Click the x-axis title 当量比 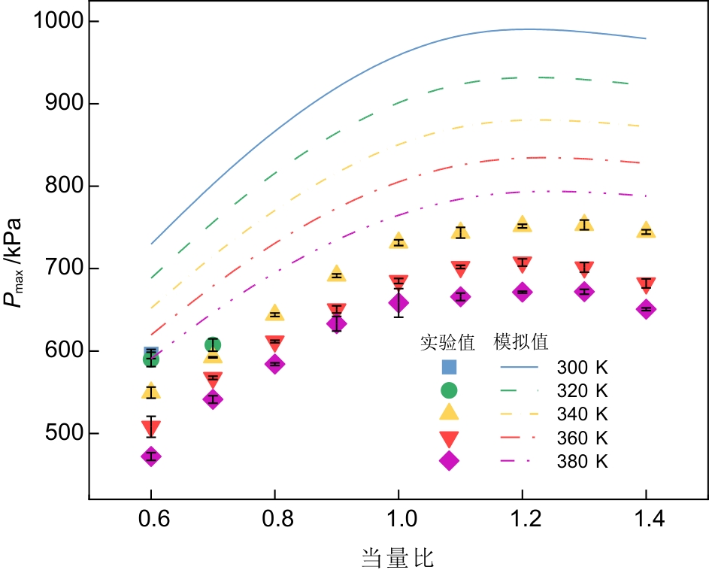(398, 557)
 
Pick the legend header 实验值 (447, 342)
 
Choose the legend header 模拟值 (520, 342)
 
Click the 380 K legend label (582, 461)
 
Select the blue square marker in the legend (449, 367)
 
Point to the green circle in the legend (449, 390)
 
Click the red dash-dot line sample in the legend (520, 437)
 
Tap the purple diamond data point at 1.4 (646, 309)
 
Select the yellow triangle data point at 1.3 (584, 223)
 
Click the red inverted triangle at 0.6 (151, 428)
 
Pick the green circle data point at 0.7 (213, 345)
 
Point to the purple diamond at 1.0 (398, 303)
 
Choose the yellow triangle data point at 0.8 (274, 314)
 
